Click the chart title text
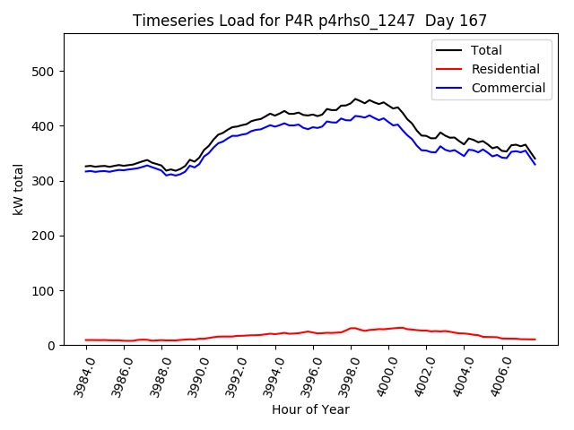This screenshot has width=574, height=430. (310, 21)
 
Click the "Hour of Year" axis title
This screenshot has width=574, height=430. (310, 409)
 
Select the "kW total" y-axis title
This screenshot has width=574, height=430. (17, 189)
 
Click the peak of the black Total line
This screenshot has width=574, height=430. (355, 99)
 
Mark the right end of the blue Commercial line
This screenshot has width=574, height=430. (535, 164)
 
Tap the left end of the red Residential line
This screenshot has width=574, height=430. (86, 340)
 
